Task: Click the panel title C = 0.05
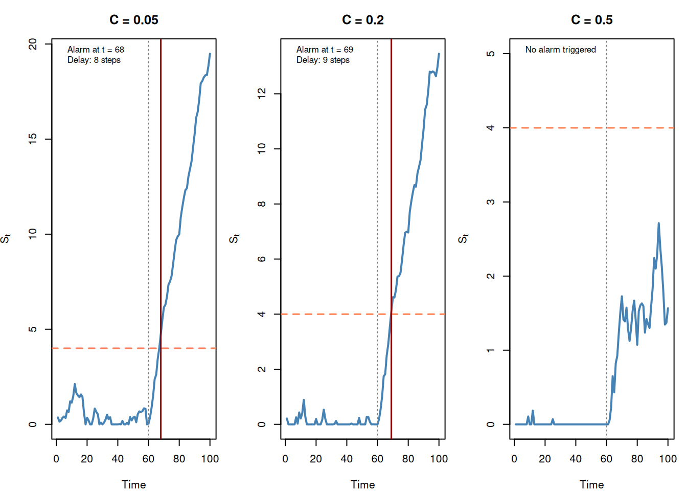point(134,20)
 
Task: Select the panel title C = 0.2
point(363,20)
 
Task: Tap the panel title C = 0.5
point(591,20)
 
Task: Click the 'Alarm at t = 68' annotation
point(96,50)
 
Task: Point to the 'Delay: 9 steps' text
point(323,60)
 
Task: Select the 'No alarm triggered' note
point(561,50)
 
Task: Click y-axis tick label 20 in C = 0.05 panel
point(33,44)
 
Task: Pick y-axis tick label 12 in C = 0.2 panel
point(262,94)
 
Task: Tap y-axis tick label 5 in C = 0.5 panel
point(491,54)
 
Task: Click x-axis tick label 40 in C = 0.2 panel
point(347,459)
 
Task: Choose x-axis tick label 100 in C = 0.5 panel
point(668,459)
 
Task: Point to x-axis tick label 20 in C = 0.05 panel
point(87,459)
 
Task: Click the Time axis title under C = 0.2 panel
point(363,485)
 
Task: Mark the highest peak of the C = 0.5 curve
point(658,223)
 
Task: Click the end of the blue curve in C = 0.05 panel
point(210,54)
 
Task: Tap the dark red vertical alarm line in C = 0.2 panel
point(392,239)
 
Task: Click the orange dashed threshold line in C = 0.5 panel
point(591,128)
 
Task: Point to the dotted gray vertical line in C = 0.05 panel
point(148,239)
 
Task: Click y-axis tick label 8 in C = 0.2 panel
point(262,204)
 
